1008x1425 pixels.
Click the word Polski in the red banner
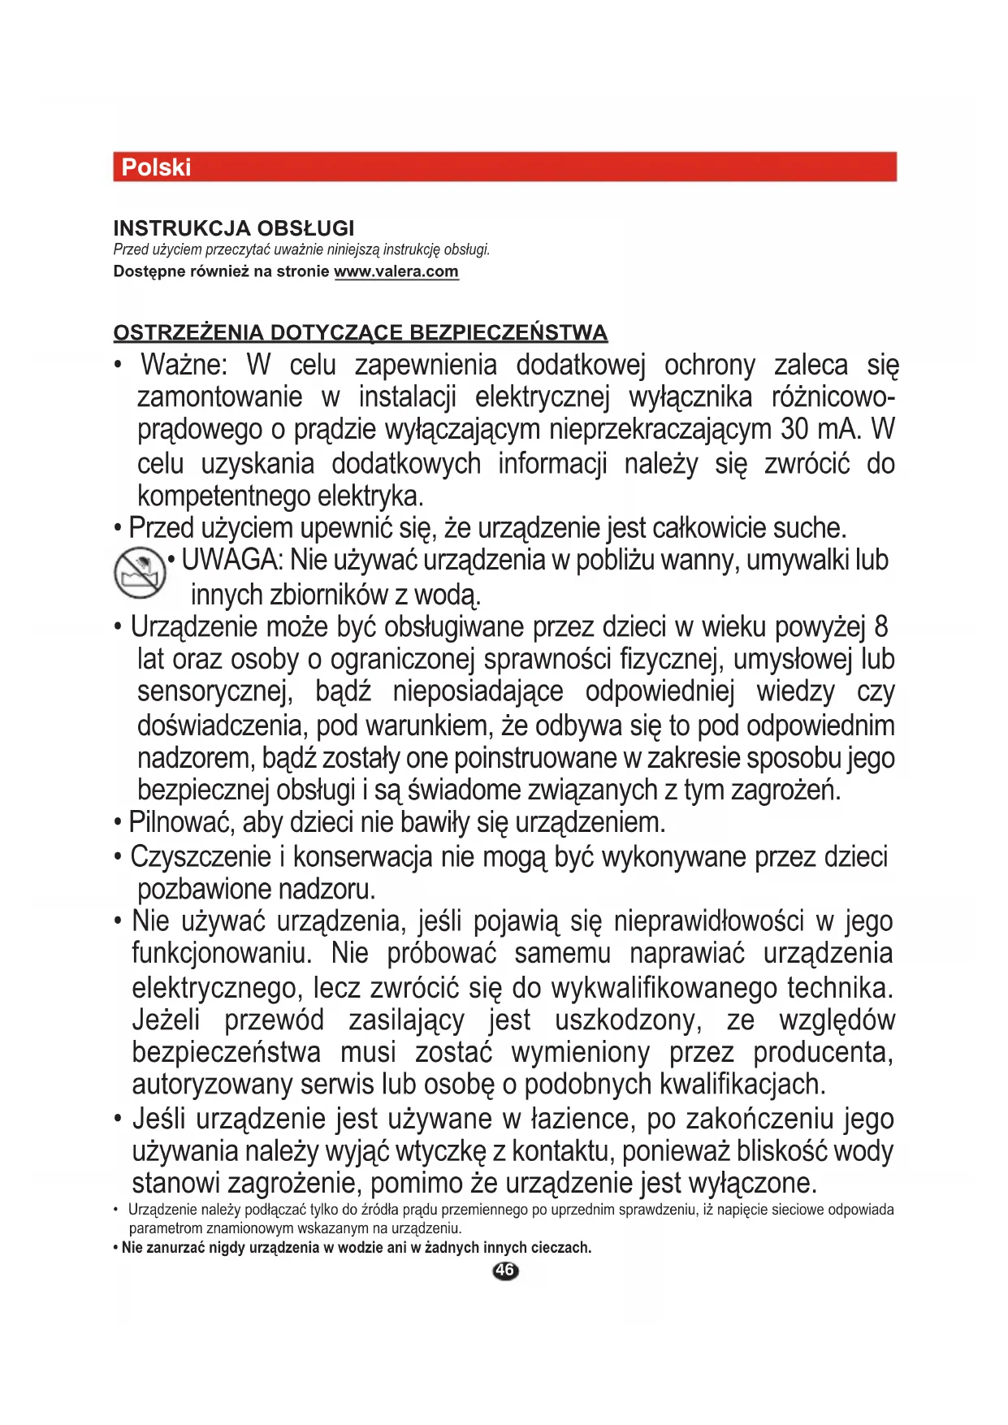[x=156, y=167]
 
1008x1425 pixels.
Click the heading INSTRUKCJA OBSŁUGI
[x=234, y=228]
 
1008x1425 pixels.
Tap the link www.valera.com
[x=396, y=271]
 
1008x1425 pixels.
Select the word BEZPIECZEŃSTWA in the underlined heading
[x=508, y=333]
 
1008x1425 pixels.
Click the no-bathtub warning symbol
[x=140, y=573]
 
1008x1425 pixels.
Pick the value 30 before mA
[x=795, y=429]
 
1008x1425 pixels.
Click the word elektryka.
[x=370, y=496]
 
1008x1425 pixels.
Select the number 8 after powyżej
[x=881, y=626]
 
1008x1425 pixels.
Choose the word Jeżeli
[x=166, y=1020]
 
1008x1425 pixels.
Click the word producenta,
[x=823, y=1052]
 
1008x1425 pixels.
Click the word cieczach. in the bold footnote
[x=560, y=1248]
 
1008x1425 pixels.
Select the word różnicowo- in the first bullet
[x=833, y=397]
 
